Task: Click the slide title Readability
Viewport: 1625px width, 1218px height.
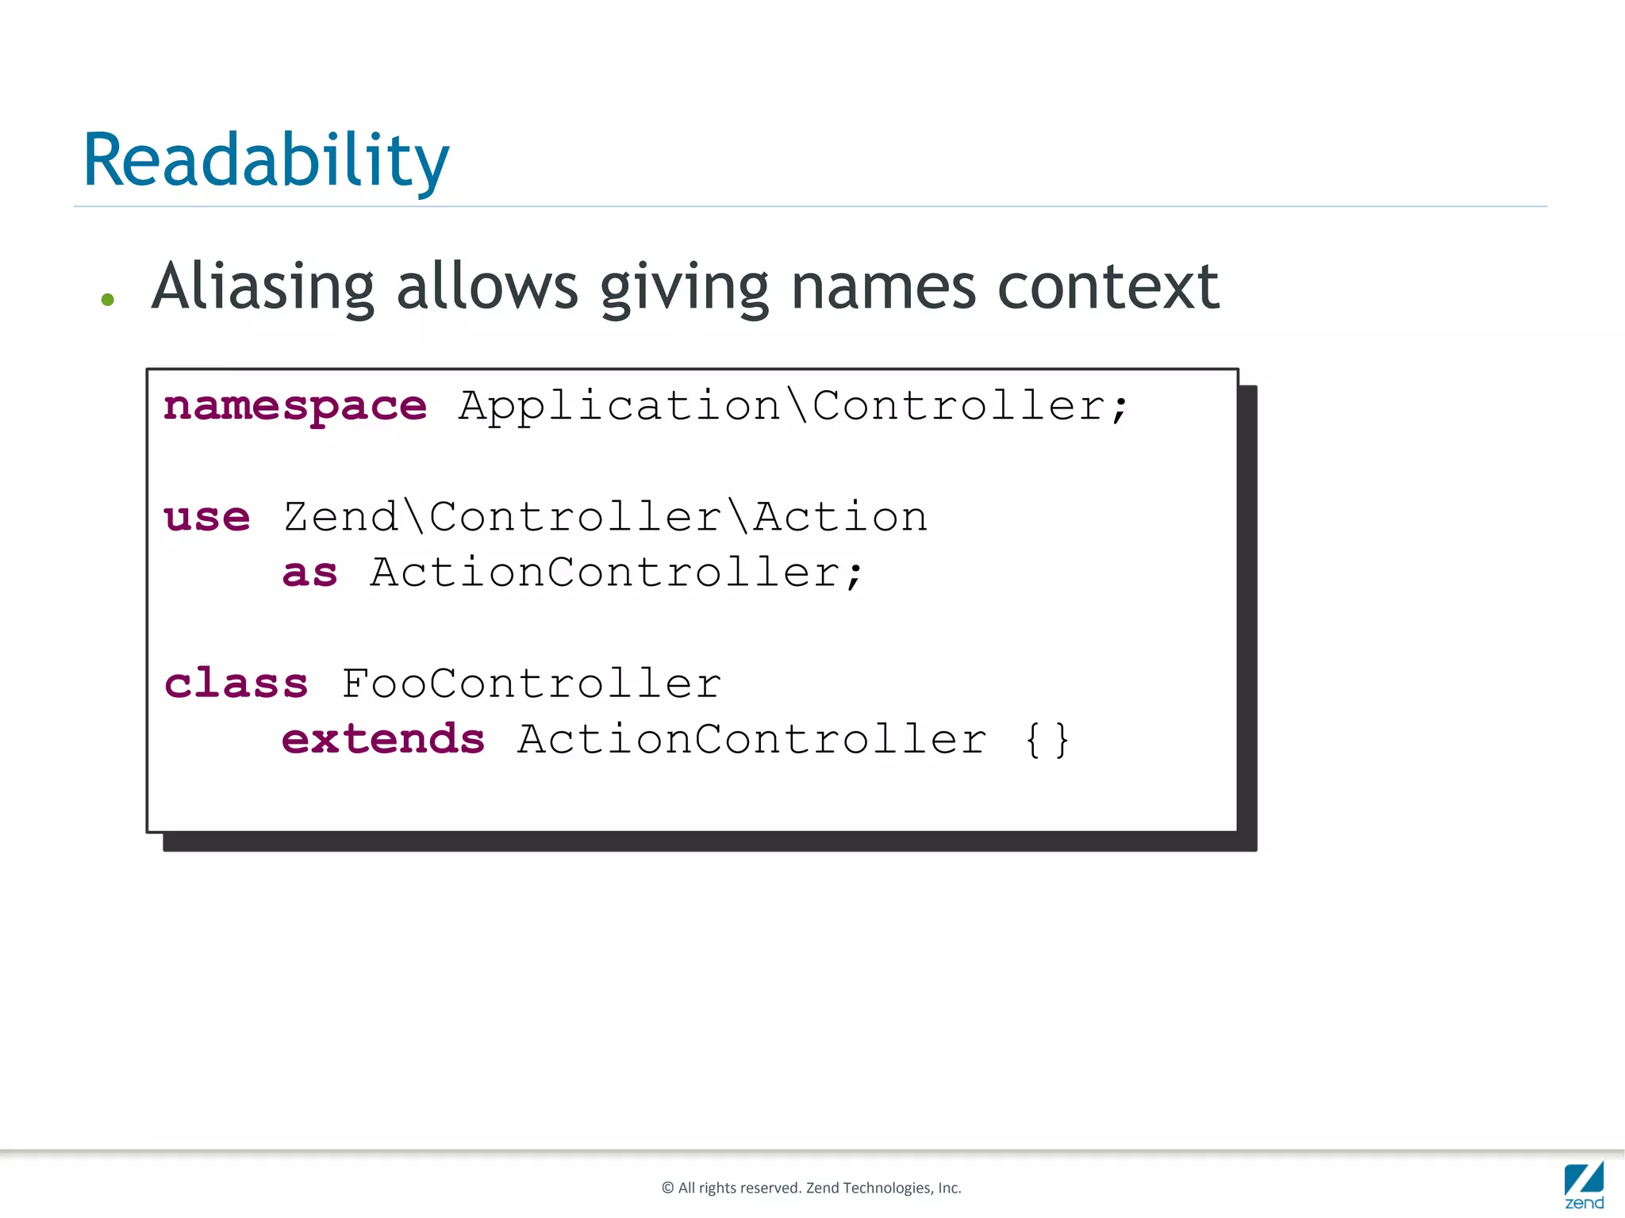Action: coord(266,161)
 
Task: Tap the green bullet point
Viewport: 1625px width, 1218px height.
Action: coord(108,300)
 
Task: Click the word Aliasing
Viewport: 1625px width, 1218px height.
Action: coord(263,287)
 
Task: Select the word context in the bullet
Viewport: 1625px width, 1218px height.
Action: coord(1108,287)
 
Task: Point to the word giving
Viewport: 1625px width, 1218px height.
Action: coord(684,289)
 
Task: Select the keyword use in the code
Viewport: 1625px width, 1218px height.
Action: coord(207,518)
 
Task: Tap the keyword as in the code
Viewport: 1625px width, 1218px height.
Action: coord(310,573)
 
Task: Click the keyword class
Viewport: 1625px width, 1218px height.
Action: coord(236,684)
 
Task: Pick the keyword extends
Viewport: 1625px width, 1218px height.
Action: coord(383,739)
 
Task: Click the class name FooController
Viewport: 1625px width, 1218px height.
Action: coord(532,684)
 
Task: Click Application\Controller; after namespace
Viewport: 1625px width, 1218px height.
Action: coord(793,407)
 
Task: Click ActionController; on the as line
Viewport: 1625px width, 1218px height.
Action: coord(617,573)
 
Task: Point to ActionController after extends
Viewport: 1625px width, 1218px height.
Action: coord(752,739)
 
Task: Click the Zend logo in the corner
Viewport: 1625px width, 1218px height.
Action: coord(1584,1185)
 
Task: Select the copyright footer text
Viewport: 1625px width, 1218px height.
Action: coord(811,1188)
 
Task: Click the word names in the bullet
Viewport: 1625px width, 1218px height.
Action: coord(883,287)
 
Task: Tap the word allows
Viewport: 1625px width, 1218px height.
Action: coord(487,287)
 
